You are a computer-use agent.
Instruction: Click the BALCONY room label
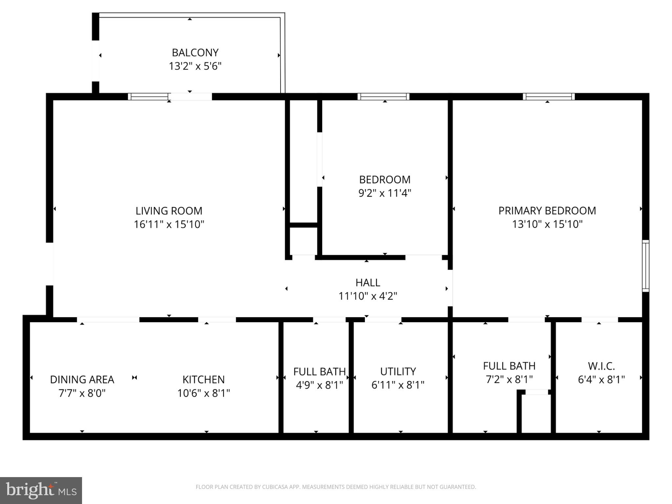[x=195, y=52]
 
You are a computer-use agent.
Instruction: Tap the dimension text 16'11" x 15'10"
[x=169, y=224]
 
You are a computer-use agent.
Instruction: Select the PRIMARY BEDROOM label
[x=547, y=211]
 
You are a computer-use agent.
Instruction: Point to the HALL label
[x=367, y=283]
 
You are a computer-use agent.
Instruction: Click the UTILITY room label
[x=398, y=371]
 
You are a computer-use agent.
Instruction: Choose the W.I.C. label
[x=601, y=366]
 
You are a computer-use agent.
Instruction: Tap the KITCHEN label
[x=203, y=380]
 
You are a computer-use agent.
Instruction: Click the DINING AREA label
[x=82, y=380]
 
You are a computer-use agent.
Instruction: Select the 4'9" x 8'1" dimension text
[x=319, y=385]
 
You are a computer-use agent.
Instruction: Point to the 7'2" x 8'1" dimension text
[x=509, y=379]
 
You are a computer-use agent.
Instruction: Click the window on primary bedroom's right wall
[x=645, y=266]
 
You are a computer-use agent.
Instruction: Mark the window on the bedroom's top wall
[x=383, y=96]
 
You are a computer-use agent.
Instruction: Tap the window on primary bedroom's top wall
[x=548, y=96]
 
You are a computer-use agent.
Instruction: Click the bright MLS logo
[x=41, y=491]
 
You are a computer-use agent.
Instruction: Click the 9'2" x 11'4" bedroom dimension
[x=385, y=193]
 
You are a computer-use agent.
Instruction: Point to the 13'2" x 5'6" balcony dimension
[x=195, y=66]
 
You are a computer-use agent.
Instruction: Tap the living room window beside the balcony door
[x=148, y=96]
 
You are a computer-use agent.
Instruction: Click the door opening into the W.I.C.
[x=599, y=319]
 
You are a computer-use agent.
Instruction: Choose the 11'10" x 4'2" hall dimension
[x=367, y=296]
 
